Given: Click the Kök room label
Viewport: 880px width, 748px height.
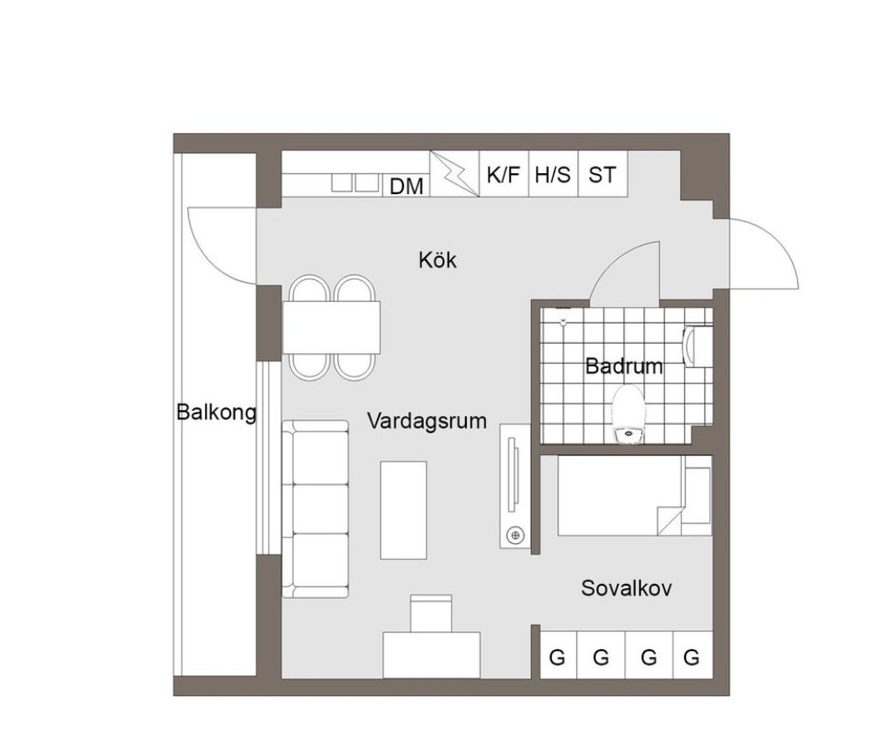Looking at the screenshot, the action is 437,260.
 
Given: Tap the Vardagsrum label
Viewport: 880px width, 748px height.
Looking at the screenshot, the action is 427,420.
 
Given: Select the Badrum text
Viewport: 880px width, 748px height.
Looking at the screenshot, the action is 623,366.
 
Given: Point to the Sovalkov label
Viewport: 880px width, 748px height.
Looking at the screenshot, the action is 627,588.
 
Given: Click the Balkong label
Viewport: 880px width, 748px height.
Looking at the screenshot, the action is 216,412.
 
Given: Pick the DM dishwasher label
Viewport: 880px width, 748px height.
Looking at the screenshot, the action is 406,187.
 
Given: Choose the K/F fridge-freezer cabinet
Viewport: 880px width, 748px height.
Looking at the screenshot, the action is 504,173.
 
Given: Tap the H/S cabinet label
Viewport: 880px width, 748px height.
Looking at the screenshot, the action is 553,175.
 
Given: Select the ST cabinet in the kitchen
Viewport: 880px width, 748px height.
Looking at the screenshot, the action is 603,173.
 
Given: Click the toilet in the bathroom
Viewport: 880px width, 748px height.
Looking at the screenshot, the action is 628,414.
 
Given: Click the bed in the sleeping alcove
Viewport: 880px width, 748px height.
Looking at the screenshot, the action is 635,495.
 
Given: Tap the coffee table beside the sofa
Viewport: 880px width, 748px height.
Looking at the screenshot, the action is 403,510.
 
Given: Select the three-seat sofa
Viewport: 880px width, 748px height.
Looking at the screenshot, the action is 315,509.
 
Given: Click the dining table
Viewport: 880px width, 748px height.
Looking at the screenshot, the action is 331,327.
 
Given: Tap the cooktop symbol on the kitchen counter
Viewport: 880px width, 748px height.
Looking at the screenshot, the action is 355,183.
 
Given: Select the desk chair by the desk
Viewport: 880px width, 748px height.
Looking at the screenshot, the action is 431,613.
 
